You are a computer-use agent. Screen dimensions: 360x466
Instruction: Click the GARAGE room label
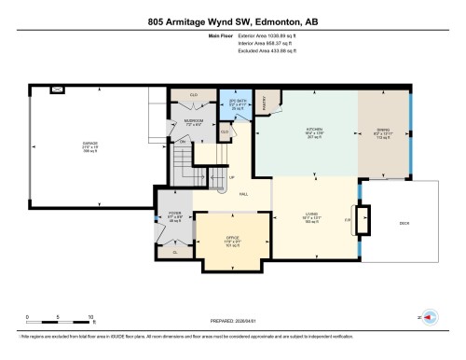(89, 143)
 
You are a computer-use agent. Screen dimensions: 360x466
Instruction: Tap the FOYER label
(172, 214)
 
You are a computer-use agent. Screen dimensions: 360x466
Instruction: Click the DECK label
(404, 224)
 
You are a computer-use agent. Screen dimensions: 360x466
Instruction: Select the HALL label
(243, 193)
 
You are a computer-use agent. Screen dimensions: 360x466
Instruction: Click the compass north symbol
(428, 318)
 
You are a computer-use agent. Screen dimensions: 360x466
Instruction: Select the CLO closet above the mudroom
(193, 94)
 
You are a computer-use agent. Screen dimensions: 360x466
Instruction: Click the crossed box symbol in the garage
(57, 90)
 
